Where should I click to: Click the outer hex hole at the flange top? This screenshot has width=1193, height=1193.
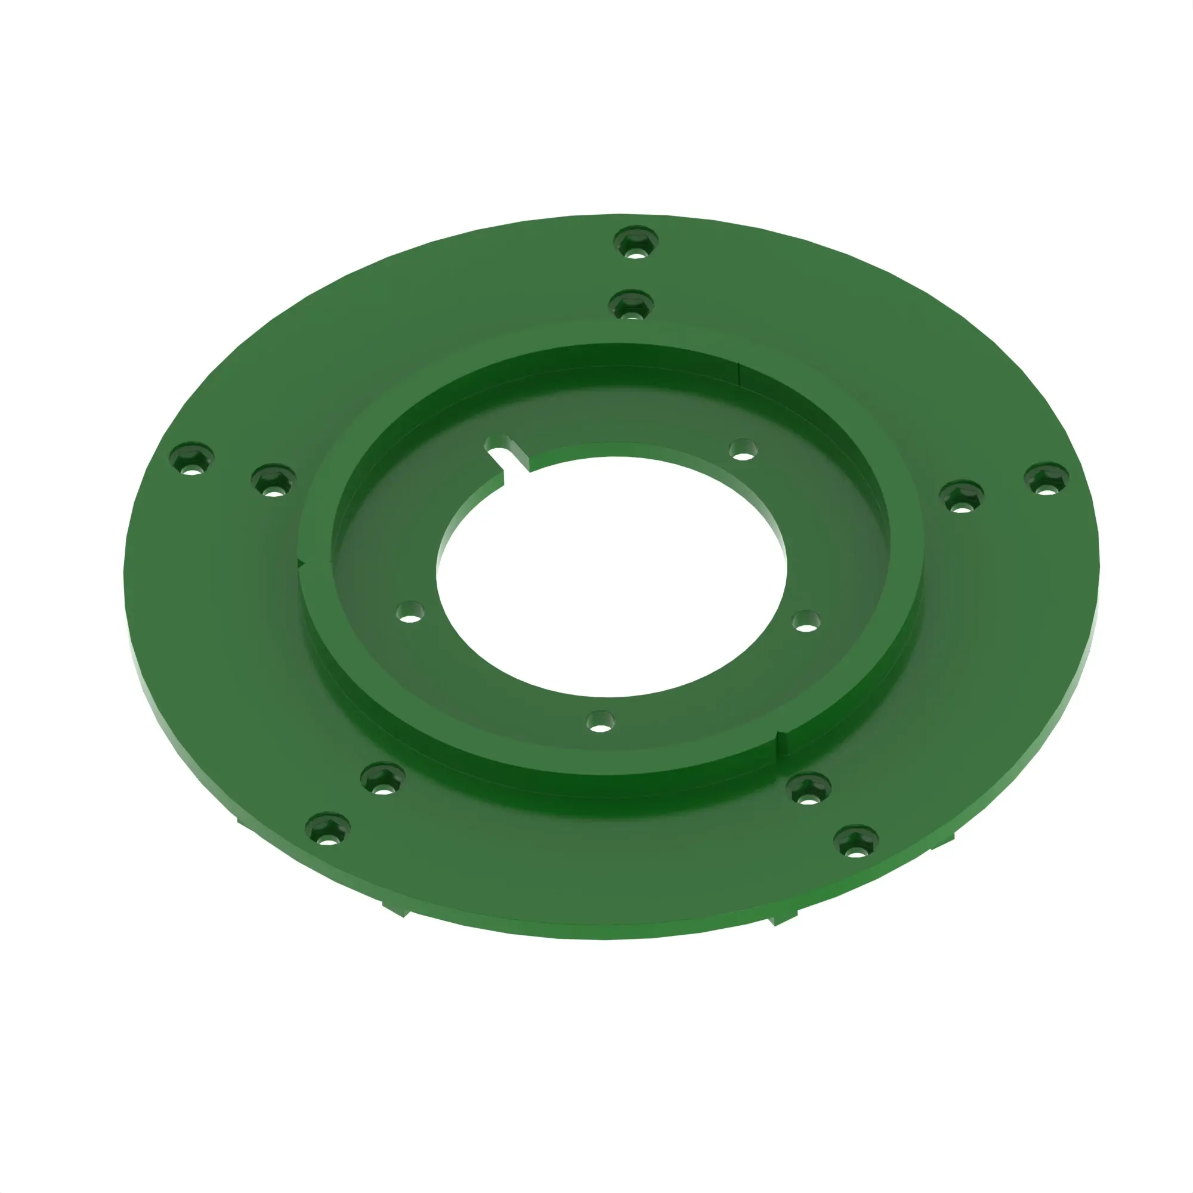635,242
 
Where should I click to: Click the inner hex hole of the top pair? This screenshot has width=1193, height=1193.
631,305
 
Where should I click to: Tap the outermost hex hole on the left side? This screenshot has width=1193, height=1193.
191,458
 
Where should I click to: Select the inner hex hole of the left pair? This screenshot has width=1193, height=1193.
274,480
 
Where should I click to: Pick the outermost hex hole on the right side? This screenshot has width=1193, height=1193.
1046,478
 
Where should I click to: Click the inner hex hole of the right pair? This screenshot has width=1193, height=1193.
961,495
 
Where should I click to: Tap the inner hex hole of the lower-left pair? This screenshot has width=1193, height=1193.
382,779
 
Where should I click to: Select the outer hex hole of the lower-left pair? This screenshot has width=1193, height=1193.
328,829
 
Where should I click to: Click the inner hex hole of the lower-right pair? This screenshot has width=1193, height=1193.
808,789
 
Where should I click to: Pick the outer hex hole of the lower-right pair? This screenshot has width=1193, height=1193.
856,841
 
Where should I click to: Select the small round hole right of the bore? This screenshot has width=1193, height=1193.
806,620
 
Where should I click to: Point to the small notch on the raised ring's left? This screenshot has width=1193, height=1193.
301,562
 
